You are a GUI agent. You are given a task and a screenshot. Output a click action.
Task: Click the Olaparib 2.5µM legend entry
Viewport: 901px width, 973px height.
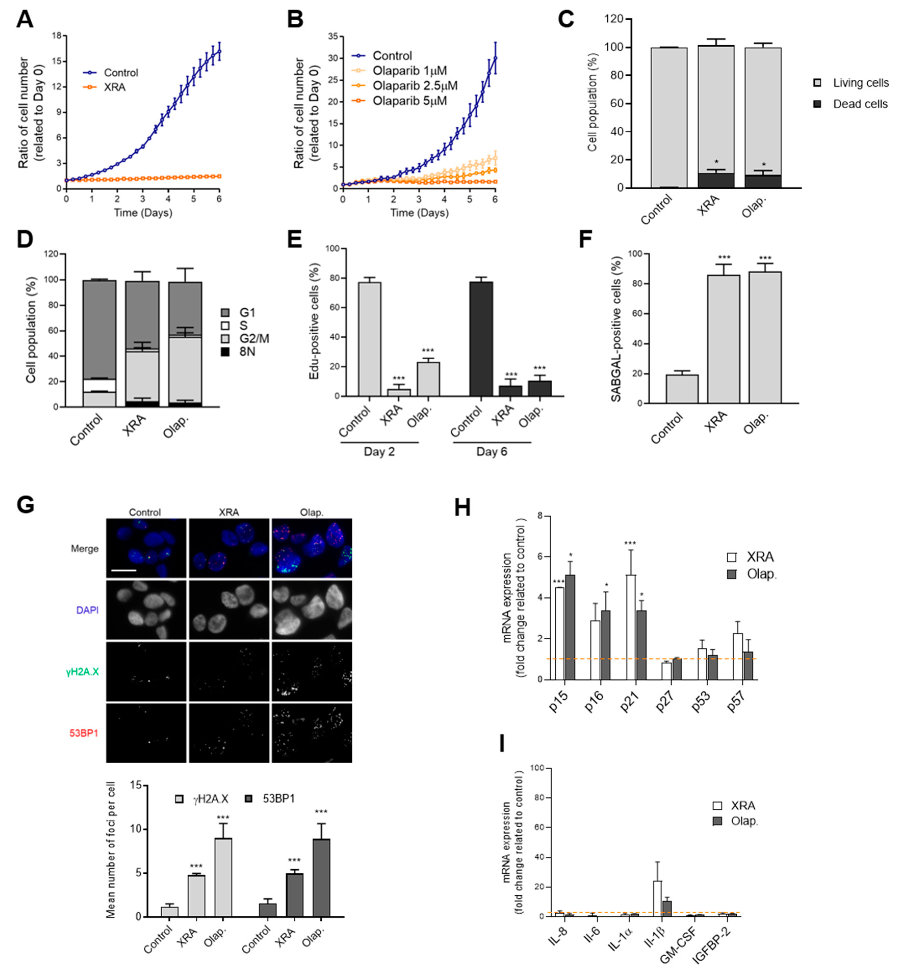point(414,86)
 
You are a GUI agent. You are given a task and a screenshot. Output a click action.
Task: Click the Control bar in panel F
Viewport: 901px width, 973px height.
point(682,388)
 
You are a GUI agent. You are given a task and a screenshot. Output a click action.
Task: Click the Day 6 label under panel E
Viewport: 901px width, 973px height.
point(491,452)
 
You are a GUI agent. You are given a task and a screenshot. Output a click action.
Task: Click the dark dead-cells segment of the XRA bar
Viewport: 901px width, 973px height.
point(715,181)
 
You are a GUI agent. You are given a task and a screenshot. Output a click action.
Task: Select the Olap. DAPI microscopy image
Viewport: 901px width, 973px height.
point(311,609)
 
